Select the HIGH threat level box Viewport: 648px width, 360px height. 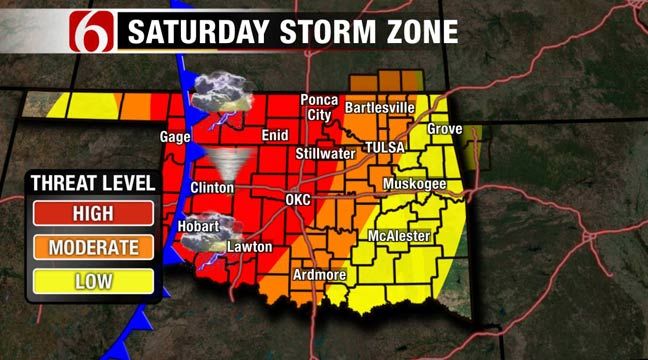pyautogui.click(x=92, y=213)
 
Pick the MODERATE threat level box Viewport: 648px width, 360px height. pyautogui.click(x=92, y=246)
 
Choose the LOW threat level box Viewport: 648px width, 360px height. pyautogui.click(x=92, y=281)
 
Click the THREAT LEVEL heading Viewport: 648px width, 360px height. pyautogui.click(x=93, y=183)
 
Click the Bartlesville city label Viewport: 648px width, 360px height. pyautogui.click(x=379, y=107)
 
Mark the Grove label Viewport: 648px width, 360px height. pyautogui.click(x=445, y=130)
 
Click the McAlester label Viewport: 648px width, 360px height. pyautogui.click(x=400, y=236)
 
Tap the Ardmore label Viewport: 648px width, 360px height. pyautogui.click(x=317, y=275)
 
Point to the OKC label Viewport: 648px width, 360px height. pyautogui.click(x=298, y=200)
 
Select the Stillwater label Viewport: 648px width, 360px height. pyautogui.click(x=325, y=154)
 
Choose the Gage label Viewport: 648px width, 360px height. pyautogui.click(x=176, y=137)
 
